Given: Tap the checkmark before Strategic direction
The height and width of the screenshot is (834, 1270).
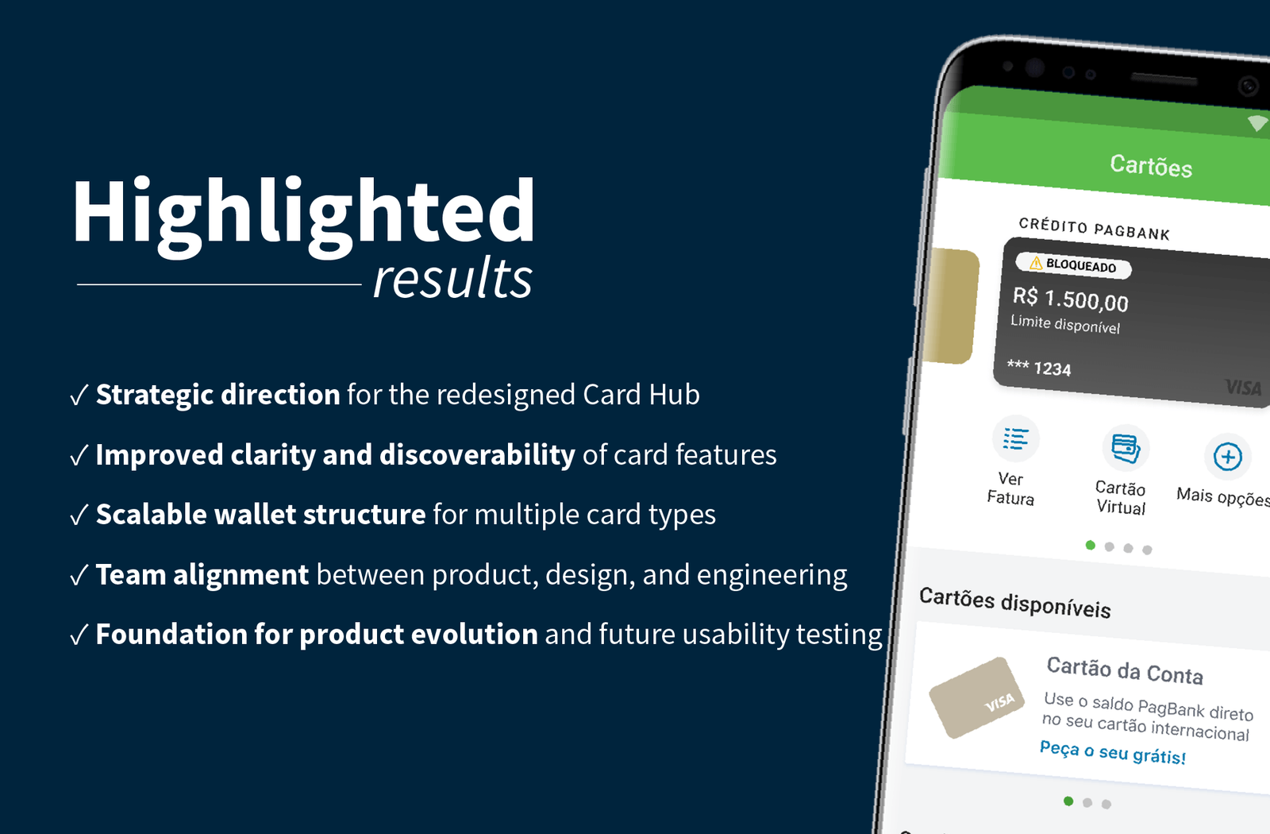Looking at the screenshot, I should click(79, 395).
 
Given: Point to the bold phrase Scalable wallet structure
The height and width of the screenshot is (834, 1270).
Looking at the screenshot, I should click(260, 515).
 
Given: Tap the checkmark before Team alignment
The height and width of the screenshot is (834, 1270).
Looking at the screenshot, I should click(79, 575).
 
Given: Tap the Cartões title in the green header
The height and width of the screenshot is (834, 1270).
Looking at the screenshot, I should click(1151, 166).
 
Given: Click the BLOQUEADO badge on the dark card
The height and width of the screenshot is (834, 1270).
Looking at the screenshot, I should click(1073, 265).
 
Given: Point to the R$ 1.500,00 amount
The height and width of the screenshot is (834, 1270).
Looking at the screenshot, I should click(1070, 299).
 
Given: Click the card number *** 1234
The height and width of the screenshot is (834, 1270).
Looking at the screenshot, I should click(1039, 368).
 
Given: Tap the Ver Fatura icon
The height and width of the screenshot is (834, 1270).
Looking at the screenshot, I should click(1015, 438).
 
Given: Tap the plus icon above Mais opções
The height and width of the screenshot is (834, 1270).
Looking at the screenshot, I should click(1227, 457).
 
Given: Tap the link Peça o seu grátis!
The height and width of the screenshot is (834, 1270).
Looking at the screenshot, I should click(1112, 751).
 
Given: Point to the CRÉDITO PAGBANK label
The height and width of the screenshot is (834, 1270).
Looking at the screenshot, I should click(1094, 229).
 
